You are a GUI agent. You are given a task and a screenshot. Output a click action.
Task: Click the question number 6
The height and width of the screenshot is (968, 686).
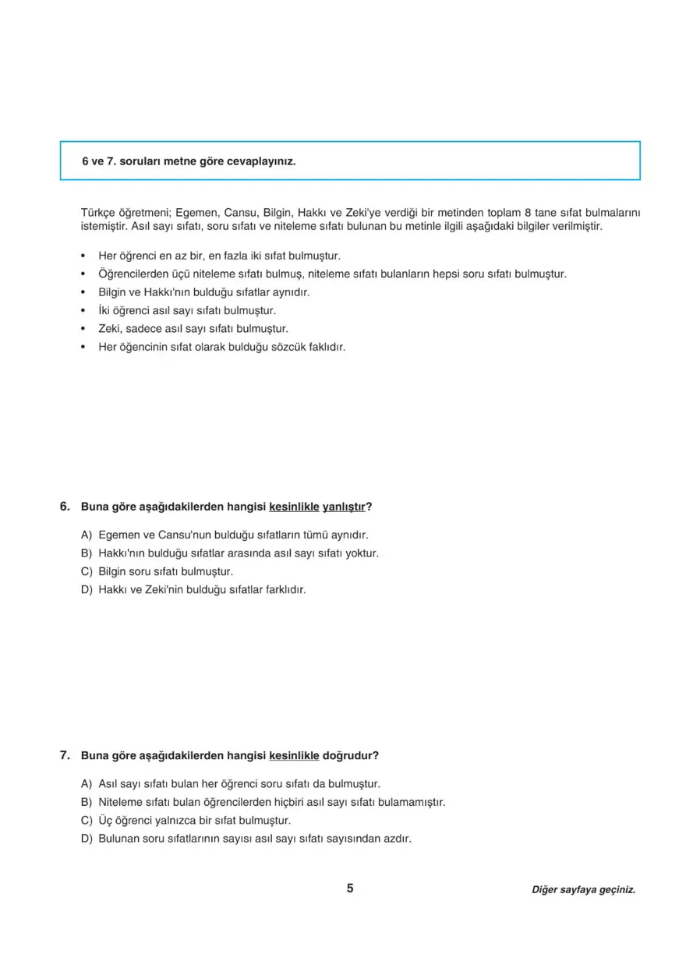(x=65, y=507)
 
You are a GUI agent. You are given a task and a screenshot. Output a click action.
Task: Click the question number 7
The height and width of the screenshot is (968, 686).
(x=65, y=755)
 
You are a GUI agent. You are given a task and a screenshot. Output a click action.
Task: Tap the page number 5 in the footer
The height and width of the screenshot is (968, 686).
(x=350, y=889)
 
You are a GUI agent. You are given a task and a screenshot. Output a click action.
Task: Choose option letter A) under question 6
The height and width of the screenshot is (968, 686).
(x=86, y=535)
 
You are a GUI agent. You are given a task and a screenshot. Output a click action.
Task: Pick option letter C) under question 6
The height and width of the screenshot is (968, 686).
(x=86, y=571)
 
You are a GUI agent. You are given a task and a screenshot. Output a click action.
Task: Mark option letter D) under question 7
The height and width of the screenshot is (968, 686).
(x=86, y=839)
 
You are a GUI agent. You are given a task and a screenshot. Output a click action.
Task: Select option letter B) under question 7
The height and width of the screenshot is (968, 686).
(x=86, y=802)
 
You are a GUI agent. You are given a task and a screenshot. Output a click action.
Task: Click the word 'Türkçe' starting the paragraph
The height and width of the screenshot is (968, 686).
(x=97, y=212)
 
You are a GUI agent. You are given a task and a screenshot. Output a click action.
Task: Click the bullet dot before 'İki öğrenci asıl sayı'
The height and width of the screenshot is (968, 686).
(x=83, y=311)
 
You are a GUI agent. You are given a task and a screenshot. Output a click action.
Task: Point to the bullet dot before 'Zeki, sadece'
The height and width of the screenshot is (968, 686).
(x=83, y=329)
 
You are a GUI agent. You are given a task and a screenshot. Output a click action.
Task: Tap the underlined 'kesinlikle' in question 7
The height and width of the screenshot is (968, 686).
(x=294, y=756)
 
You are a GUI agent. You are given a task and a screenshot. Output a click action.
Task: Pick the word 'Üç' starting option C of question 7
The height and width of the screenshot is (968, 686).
(x=105, y=821)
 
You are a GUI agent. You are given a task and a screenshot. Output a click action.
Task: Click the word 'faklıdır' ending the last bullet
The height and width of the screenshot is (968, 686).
(x=325, y=347)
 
